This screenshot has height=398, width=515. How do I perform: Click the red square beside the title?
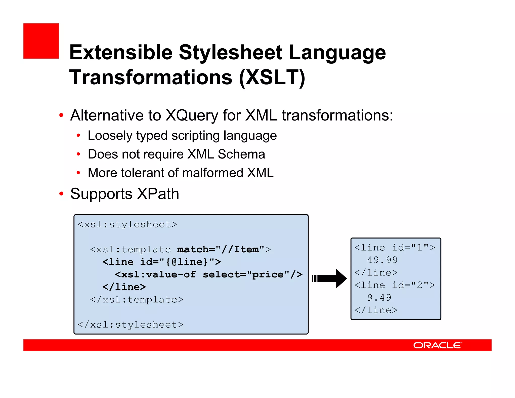pyautogui.click(x=41, y=41)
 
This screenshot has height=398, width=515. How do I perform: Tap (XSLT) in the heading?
pyautogui.click(x=272, y=77)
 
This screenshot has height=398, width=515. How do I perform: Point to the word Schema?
pyautogui.click(x=241, y=154)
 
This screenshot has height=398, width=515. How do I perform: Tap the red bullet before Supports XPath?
pyautogui.click(x=61, y=194)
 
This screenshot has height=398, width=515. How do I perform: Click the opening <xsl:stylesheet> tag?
pyautogui.click(x=127, y=224)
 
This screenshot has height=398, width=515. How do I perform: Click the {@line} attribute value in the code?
pyautogui.click(x=187, y=262)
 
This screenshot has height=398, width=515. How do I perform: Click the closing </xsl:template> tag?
pyautogui.click(x=137, y=300)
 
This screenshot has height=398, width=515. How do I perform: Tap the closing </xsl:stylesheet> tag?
pyautogui.click(x=130, y=325)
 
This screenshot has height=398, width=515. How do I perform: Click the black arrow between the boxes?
pyautogui.click(x=329, y=278)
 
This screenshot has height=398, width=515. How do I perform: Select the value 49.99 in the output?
pyautogui.click(x=382, y=260)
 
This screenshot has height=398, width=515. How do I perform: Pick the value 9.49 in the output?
pyautogui.click(x=379, y=298)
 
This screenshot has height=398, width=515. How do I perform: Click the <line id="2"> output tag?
pyautogui.click(x=395, y=285)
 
